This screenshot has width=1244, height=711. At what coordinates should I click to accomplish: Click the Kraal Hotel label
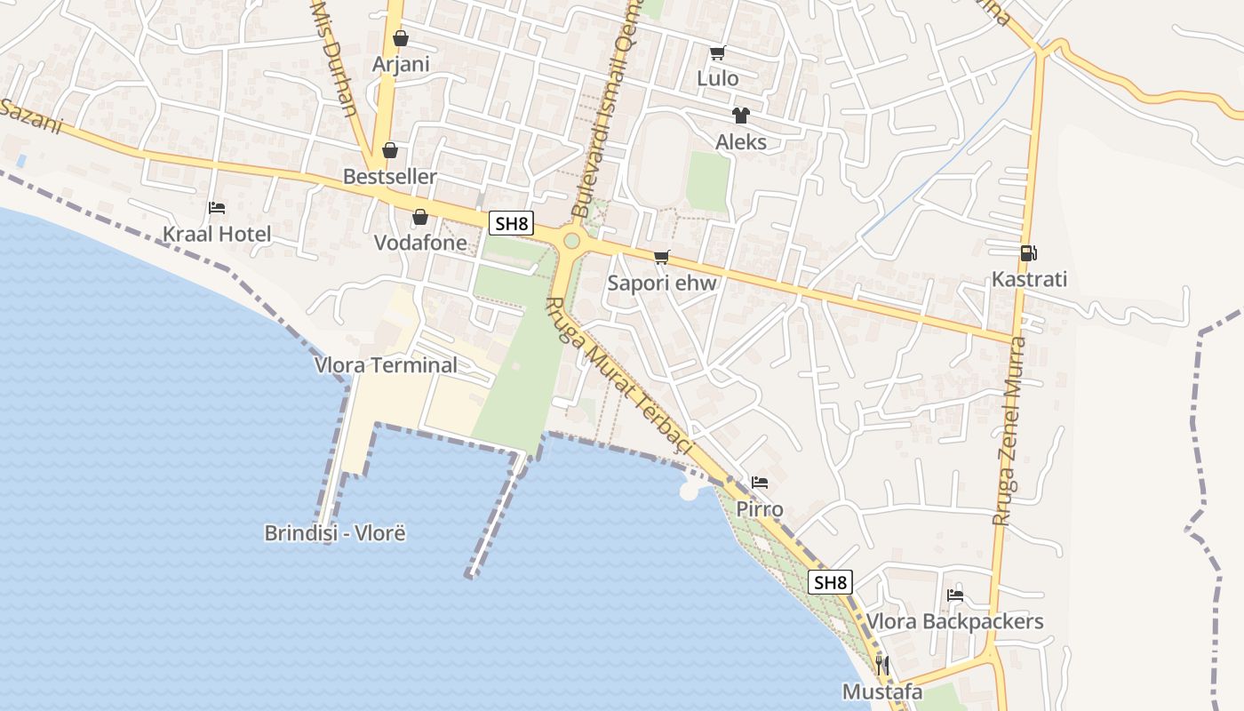click(216, 235)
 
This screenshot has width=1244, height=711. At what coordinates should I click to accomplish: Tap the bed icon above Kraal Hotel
click(216, 208)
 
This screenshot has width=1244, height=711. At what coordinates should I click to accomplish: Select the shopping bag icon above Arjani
click(401, 38)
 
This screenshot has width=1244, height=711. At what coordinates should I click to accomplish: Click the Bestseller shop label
click(389, 177)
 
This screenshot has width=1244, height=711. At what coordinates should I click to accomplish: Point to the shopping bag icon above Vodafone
click(419, 217)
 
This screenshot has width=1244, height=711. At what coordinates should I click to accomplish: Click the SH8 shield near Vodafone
click(511, 223)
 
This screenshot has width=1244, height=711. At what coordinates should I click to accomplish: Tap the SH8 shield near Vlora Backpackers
click(830, 583)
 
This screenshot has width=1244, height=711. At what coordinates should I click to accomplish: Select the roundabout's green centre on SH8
click(571, 240)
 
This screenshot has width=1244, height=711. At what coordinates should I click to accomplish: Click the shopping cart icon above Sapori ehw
click(661, 258)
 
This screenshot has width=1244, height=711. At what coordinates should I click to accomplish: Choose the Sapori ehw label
click(661, 284)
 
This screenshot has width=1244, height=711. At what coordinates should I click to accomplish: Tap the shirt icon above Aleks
click(740, 116)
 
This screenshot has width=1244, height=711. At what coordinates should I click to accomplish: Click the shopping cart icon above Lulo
click(717, 52)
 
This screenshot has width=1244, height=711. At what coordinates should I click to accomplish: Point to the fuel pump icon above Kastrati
click(1029, 253)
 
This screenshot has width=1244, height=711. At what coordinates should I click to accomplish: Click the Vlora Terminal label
click(386, 365)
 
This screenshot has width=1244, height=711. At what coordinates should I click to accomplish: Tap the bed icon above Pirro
click(759, 483)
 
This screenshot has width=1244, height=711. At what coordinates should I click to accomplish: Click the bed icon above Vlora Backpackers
click(955, 595)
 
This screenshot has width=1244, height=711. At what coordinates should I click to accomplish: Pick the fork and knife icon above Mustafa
click(882, 665)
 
